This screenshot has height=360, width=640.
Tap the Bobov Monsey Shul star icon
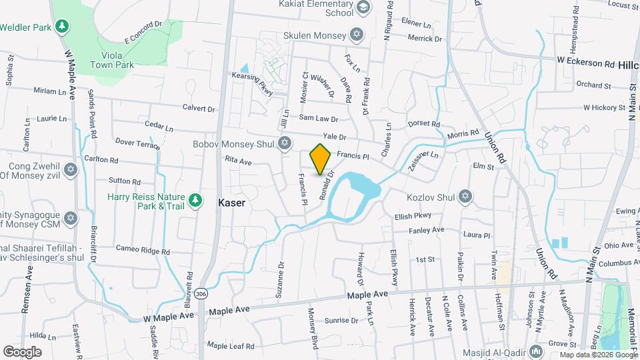point(285,143)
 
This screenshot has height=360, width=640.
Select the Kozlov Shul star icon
point(466,197)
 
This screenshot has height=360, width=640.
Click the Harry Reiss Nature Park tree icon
point(195,199)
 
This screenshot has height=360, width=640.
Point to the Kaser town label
point(232,201)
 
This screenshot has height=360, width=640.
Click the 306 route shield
point(201,275)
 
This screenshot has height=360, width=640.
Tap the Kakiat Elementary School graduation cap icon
point(363,8)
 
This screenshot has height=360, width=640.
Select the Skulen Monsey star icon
point(357,35)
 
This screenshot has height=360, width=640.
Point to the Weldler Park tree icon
point(62,27)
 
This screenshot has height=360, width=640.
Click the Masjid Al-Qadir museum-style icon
point(537,351)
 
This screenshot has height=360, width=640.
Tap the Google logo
point(22,351)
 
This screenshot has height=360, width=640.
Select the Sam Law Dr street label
point(318,118)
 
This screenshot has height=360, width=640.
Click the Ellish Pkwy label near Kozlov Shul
point(413,216)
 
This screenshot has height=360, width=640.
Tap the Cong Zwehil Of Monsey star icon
point(71,169)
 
